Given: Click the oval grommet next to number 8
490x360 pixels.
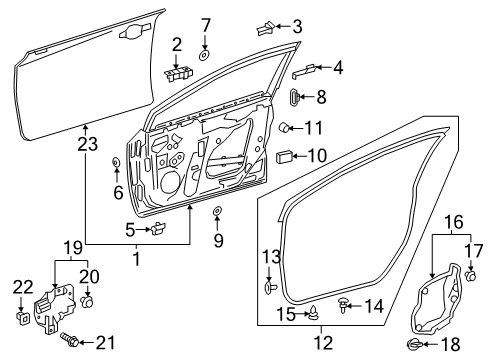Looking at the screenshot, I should click(294, 98).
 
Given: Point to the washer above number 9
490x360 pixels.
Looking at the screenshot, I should click(217, 212).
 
